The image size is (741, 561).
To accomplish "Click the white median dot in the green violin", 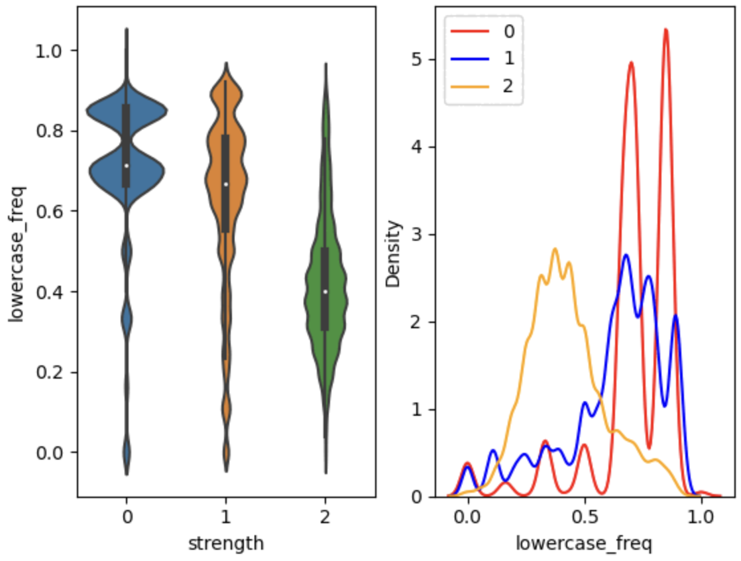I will [325, 291].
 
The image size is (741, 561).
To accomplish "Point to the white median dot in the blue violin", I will [126, 166].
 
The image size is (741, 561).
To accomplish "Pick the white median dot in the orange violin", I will [226, 184].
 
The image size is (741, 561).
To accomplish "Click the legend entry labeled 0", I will [484, 31].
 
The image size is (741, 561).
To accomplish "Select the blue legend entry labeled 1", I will [484, 58].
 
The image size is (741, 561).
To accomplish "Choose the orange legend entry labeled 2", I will [484, 86].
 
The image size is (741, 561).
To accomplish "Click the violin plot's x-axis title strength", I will [226, 544].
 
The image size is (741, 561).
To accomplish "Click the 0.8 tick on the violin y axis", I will [51, 131].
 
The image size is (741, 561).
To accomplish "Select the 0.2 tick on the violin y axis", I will [51, 372].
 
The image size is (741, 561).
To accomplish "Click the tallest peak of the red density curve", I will [665, 29].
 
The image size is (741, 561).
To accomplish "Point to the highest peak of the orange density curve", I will [555, 249].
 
